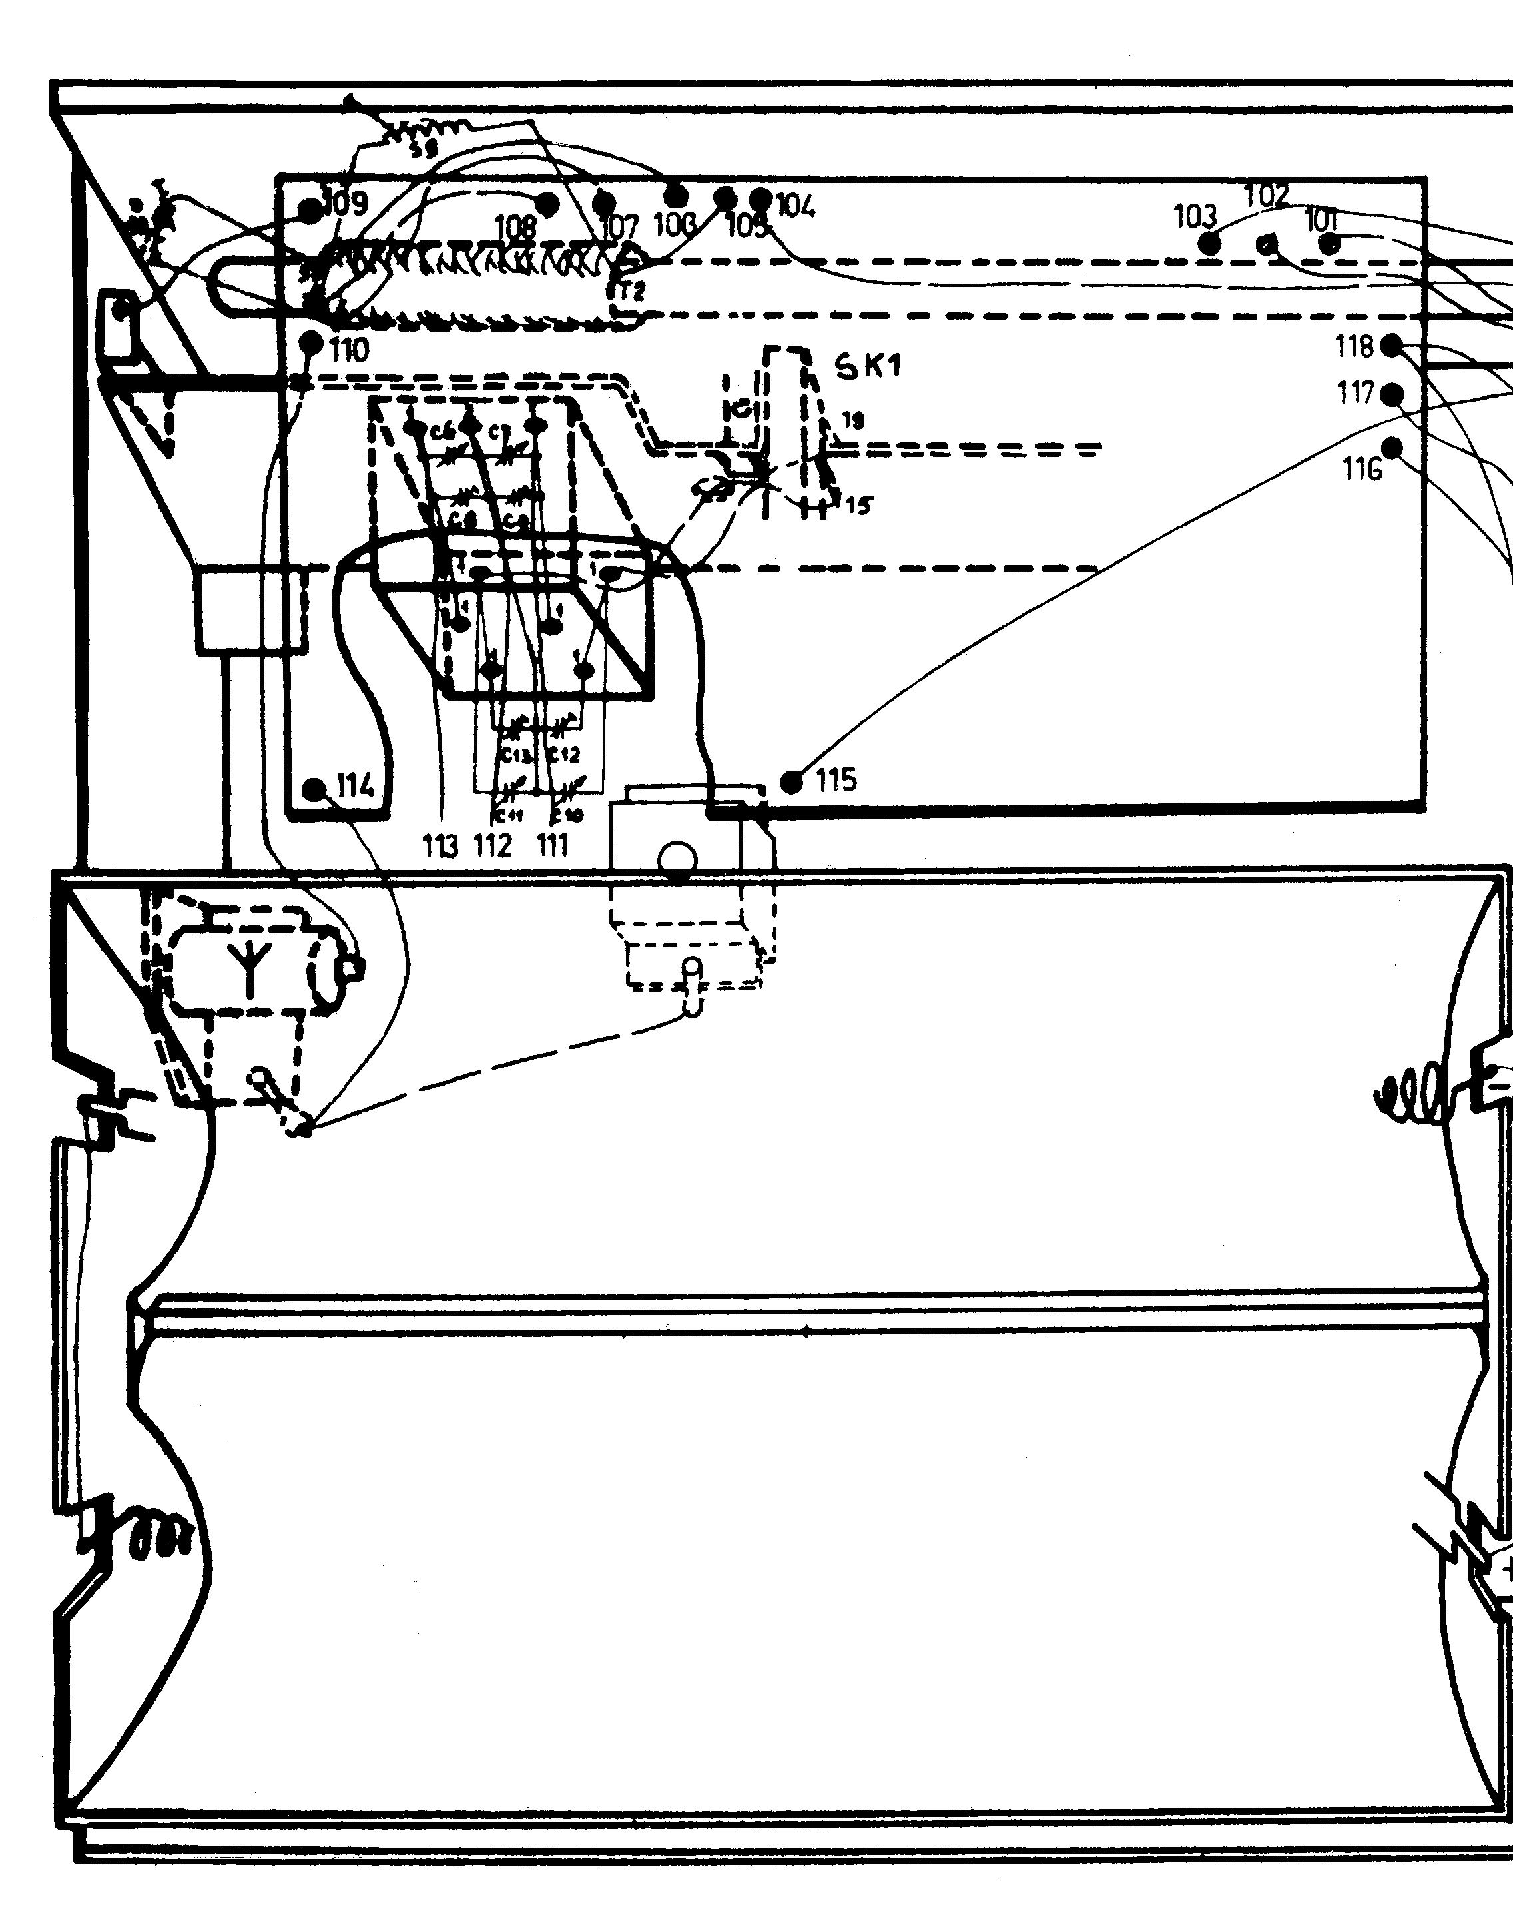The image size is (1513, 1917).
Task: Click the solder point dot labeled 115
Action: pyautogui.click(x=792, y=781)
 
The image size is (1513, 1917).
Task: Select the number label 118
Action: pyautogui.click(x=1355, y=346)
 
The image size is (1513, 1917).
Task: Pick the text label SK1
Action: pyautogui.click(x=869, y=365)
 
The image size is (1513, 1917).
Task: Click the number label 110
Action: pyautogui.click(x=349, y=351)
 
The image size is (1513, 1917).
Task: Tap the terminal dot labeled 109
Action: pyautogui.click(x=310, y=211)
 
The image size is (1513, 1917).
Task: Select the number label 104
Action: pyautogui.click(x=796, y=206)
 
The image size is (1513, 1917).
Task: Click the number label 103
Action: pyautogui.click(x=1195, y=216)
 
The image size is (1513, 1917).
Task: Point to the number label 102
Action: pyautogui.click(x=1267, y=195)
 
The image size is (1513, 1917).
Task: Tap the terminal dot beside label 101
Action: pyautogui.click(x=1329, y=244)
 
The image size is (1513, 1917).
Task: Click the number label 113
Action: pyautogui.click(x=440, y=846)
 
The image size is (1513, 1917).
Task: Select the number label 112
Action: pyautogui.click(x=493, y=846)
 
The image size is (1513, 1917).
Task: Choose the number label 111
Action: pyautogui.click(x=552, y=846)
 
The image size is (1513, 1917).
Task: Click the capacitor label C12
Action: pyautogui.click(x=563, y=755)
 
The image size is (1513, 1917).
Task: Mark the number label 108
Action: pyautogui.click(x=515, y=228)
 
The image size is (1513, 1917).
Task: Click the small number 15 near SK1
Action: pyautogui.click(x=858, y=505)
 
